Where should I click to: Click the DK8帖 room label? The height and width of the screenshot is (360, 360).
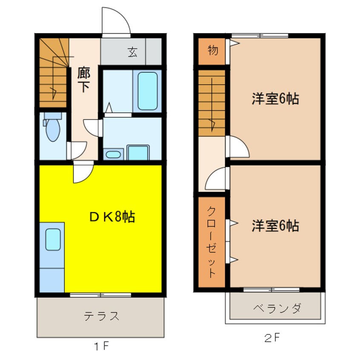(112, 217)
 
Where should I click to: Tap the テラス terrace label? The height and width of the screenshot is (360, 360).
(101, 316)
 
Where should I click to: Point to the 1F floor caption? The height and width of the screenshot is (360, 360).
(101, 346)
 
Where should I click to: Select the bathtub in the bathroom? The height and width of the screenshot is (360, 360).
(148, 91)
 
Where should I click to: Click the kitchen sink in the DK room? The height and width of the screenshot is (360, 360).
(53, 240)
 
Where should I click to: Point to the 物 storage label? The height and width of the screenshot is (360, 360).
(213, 51)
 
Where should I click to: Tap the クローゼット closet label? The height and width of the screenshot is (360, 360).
(212, 241)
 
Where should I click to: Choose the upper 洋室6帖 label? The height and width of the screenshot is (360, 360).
(274, 99)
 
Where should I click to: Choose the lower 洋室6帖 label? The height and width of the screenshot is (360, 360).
(274, 225)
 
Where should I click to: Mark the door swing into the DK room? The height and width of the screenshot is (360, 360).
(83, 173)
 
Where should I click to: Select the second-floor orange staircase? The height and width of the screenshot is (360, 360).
(211, 103)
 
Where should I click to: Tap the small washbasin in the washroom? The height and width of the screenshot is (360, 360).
(113, 154)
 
